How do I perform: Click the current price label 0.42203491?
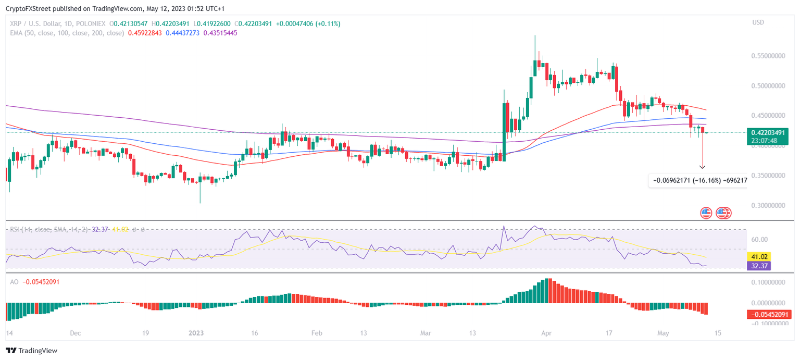point(767,132)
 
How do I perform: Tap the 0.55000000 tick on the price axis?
point(767,55)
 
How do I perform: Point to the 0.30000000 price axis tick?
point(767,205)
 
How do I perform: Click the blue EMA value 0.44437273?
point(183,33)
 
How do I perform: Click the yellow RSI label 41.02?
point(758,256)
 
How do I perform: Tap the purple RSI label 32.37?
point(758,266)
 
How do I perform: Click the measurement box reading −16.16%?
point(698,181)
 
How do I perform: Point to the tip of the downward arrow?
point(702,168)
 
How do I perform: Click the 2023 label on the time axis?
point(197,333)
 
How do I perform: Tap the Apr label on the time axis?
point(545,333)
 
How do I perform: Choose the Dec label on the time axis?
point(76,333)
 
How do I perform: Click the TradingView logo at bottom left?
point(32,351)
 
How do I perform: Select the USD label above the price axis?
point(758,22)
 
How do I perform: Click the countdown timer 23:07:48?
point(764,140)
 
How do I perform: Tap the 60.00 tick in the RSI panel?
point(760,240)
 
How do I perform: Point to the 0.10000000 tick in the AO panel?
point(767,282)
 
